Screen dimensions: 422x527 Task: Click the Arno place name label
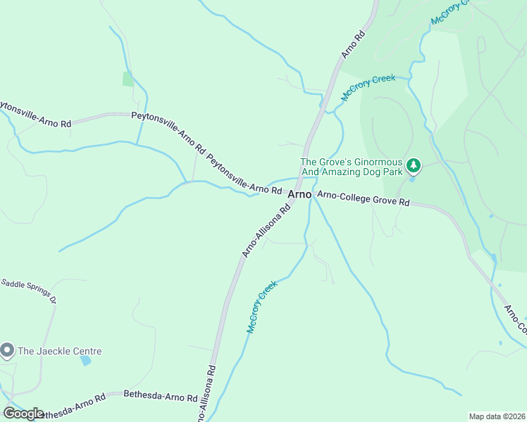click(299, 194)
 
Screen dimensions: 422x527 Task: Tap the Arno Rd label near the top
click(353, 44)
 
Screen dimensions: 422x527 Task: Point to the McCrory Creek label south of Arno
click(262, 307)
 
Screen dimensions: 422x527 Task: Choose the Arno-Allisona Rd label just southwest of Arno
click(266, 231)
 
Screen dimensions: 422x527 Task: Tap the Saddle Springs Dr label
click(28, 288)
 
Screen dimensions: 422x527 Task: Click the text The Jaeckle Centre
click(60, 351)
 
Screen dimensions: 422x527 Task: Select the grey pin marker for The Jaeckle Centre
click(7, 349)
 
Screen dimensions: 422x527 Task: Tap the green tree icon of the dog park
click(414, 166)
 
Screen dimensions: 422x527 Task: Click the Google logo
click(23, 414)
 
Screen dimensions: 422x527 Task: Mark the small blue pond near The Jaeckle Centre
click(85, 361)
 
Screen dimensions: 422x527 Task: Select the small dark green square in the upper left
click(128, 79)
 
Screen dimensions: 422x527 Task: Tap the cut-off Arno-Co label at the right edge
click(515, 320)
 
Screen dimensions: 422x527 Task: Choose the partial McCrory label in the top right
click(449, 13)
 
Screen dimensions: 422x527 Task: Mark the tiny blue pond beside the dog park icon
click(411, 179)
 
